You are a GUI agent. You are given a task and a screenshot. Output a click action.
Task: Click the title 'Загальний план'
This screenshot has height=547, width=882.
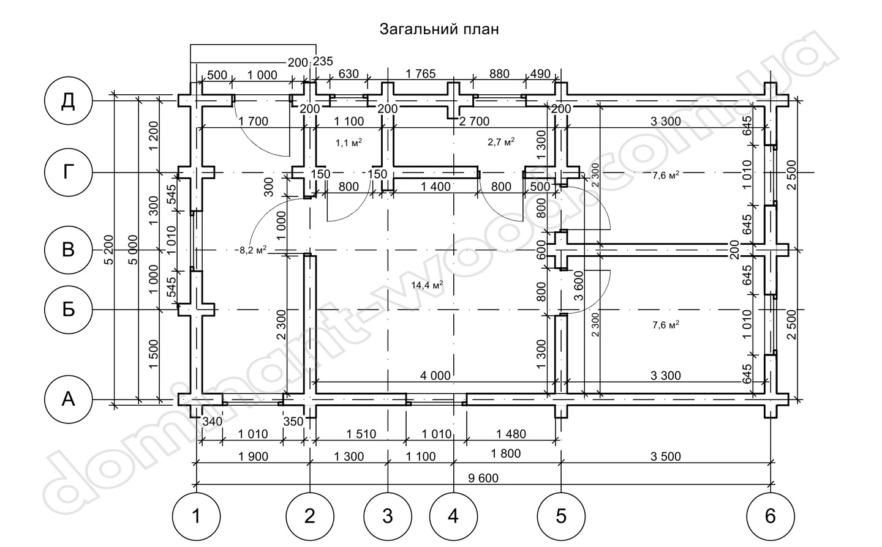click(x=439, y=29)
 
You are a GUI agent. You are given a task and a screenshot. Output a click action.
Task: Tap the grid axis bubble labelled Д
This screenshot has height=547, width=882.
click(x=68, y=101)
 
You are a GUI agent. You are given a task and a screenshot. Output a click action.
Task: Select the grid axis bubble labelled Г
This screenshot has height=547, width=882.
click(x=68, y=173)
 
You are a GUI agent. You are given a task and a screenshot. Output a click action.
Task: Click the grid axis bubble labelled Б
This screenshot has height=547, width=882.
click(x=68, y=310)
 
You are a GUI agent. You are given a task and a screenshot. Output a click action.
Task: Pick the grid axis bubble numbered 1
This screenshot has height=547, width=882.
click(x=196, y=516)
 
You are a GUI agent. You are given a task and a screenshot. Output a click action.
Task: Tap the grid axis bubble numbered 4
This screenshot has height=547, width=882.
click(x=453, y=516)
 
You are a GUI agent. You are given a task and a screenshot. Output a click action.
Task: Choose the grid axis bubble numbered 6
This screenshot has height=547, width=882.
click(x=770, y=516)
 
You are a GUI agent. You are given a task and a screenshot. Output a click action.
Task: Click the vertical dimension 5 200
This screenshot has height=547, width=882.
click(x=109, y=250)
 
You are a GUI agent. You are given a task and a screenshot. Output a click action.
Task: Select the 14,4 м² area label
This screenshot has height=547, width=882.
click(x=427, y=285)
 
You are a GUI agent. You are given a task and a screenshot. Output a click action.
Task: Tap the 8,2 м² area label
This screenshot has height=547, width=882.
click(x=251, y=250)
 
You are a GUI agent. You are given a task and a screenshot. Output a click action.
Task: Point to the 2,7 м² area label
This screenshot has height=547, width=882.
click(x=501, y=141)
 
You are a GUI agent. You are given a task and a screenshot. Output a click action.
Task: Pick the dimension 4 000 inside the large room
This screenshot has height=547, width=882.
click(x=435, y=375)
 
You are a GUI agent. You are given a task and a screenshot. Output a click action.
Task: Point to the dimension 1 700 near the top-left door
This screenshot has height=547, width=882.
click(x=254, y=121)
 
